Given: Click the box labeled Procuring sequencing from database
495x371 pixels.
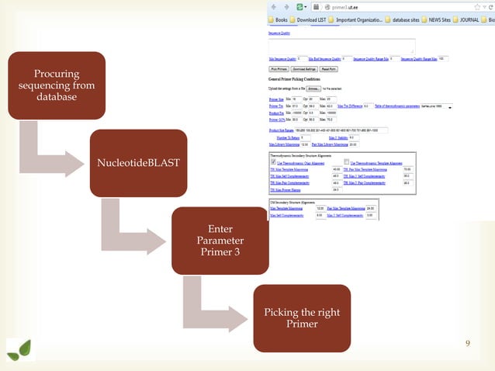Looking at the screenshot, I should pyautogui.click(x=56, y=86).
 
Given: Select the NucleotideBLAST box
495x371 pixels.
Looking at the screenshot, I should pyautogui.click(x=137, y=162).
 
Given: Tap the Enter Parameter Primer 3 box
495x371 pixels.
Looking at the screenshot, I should pyautogui.click(x=220, y=240).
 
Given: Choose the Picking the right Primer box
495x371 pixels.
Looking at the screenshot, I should pyautogui.click(x=302, y=317).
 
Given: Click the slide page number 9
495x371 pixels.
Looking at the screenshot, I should pyautogui.click(x=467, y=342).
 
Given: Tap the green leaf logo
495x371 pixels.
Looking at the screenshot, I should pyautogui.click(x=20, y=349).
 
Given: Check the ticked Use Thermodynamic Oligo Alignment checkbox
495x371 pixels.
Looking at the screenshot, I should pyautogui.click(x=272, y=161).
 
